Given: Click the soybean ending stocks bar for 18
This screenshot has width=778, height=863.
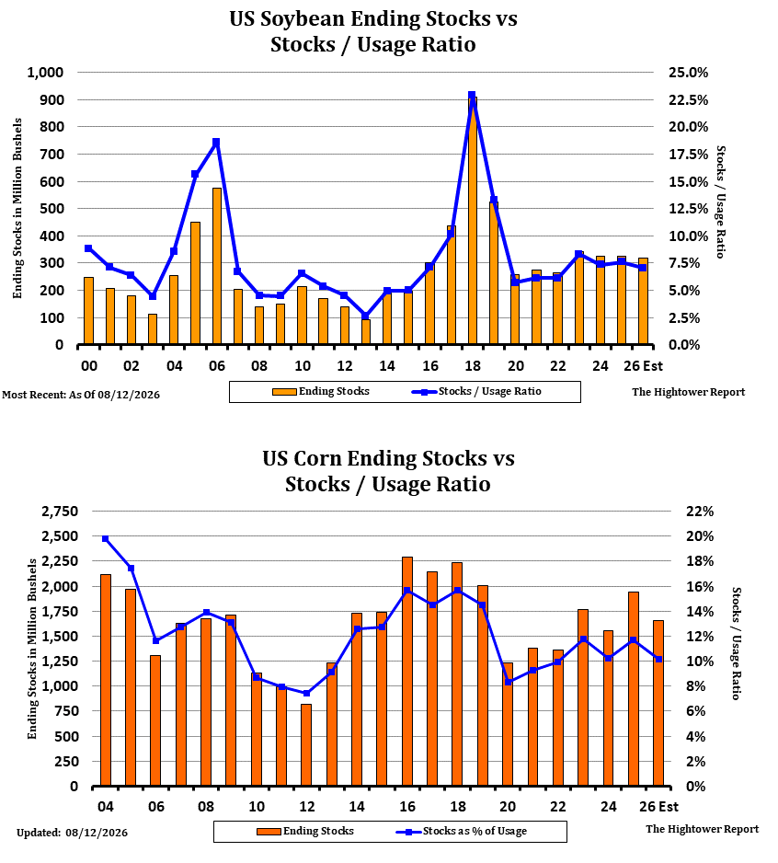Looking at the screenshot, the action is pyautogui.click(x=472, y=221).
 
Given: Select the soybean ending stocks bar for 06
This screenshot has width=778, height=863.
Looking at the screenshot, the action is pyautogui.click(x=217, y=267).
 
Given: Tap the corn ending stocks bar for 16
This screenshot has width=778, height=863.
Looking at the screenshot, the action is pyautogui.click(x=407, y=672).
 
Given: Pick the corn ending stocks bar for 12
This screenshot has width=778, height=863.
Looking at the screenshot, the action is pyautogui.click(x=306, y=745).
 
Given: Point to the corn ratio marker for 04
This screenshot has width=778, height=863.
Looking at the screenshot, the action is pyautogui.click(x=105, y=539).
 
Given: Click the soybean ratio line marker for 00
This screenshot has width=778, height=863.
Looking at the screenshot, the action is pyautogui.click(x=88, y=248).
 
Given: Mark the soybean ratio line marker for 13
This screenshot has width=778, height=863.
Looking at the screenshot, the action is pyautogui.click(x=365, y=316).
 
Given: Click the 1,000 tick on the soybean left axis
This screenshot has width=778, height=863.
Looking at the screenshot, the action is pyautogui.click(x=46, y=73).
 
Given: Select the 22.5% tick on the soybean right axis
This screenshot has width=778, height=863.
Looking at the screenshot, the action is pyautogui.click(x=688, y=100).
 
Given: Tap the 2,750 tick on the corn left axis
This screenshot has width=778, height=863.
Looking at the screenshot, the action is pyautogui.click(x=60, y=512).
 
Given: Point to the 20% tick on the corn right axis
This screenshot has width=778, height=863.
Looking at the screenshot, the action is pyautogui.click(x=699, y=536).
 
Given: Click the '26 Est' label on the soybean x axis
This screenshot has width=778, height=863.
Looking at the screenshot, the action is pyautogui.click(x=643, y=366).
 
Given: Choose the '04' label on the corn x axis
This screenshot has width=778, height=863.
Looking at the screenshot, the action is pyautogui.click(x=105, y=807).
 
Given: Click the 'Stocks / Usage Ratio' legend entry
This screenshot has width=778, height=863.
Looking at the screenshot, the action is pyautogui.click(x=476, y=391).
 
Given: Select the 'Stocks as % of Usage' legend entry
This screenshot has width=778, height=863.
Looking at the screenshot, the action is pyautogui.click(x=462, y=831).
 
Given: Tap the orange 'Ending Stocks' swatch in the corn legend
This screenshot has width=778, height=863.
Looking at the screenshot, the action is pyautogui.click(x=269, y=832).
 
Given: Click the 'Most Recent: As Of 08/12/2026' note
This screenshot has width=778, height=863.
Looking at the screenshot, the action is pyautogui.click(x=81, y=395).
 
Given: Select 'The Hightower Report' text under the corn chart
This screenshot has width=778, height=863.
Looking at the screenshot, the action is pyautogui.click(x=702, y=829).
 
